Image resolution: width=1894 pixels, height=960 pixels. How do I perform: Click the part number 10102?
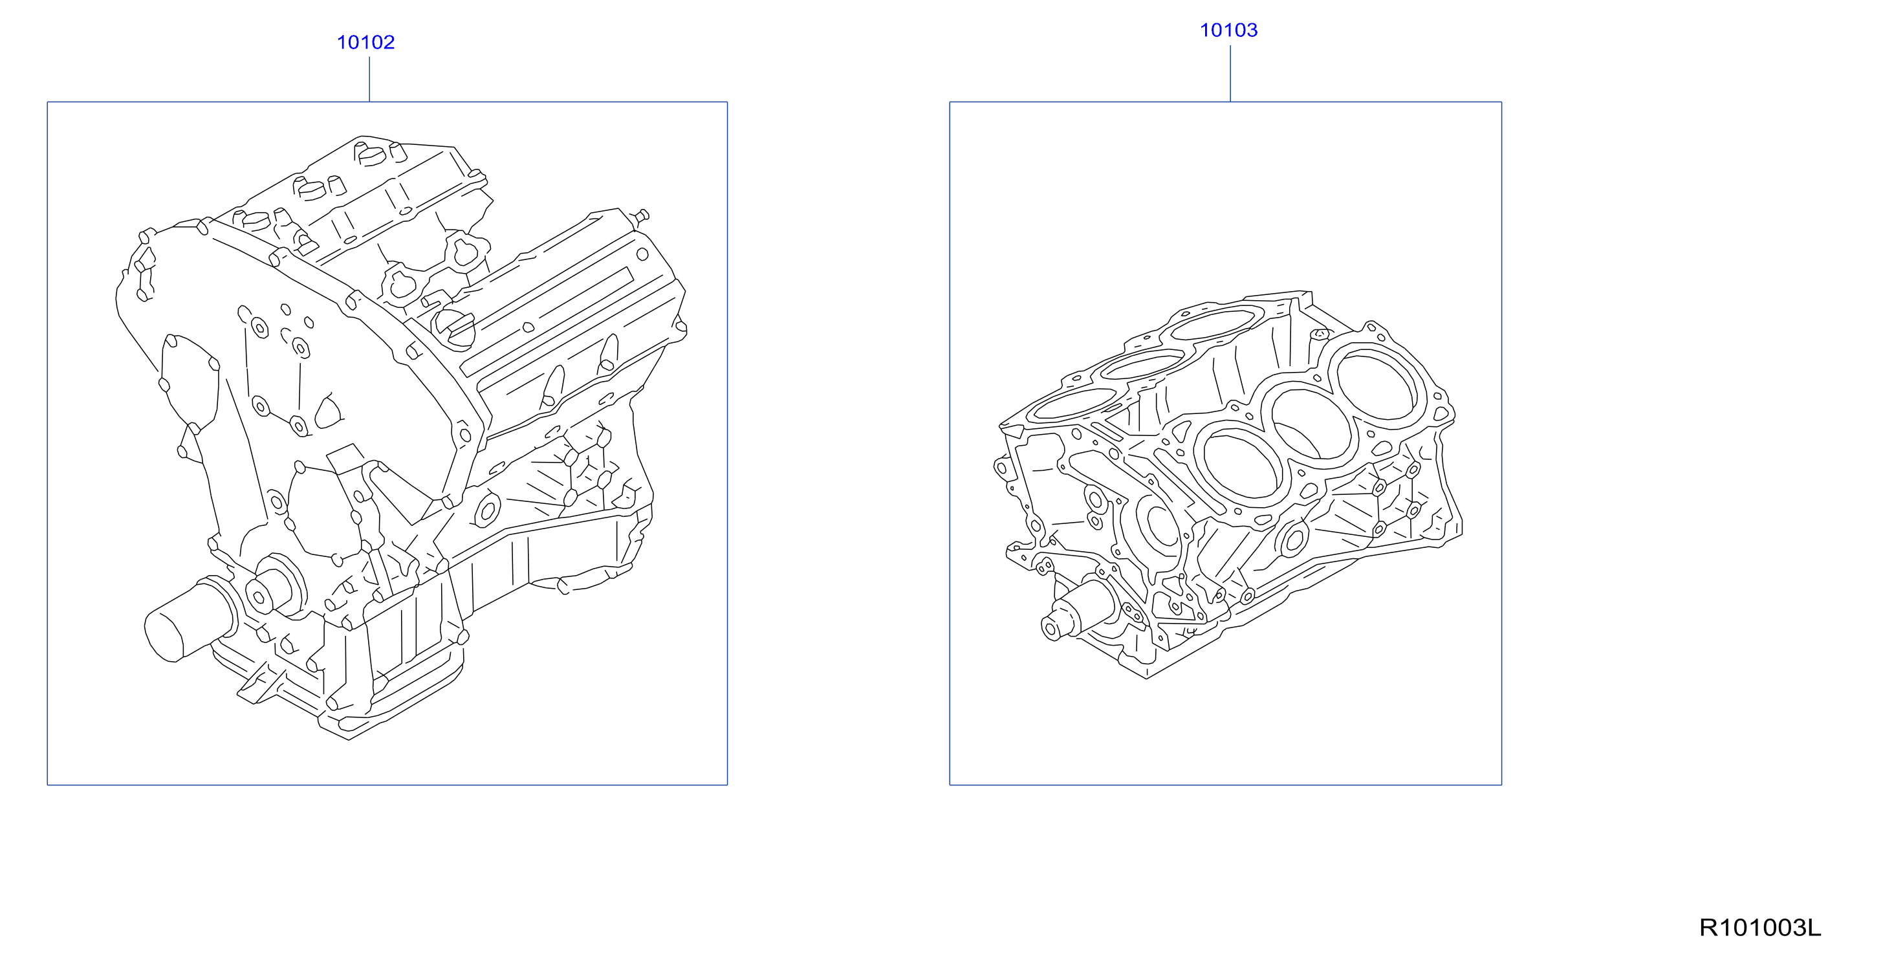365,43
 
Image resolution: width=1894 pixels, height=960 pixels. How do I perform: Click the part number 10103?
1228,30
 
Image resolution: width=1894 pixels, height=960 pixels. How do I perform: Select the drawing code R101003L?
1760,928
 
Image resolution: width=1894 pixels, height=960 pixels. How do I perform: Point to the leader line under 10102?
369,80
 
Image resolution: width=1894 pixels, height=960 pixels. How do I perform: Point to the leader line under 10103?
1230,74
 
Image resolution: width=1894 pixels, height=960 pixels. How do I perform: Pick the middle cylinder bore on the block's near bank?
1312,425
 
